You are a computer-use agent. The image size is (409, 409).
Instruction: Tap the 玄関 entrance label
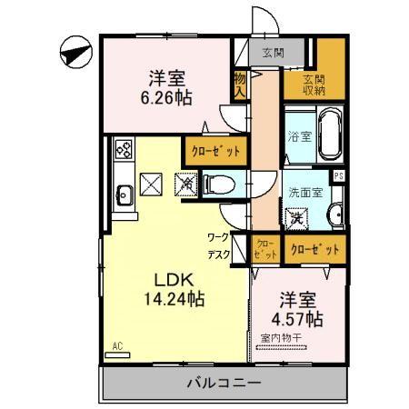(271, 51)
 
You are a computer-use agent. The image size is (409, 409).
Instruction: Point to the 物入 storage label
(240, 85)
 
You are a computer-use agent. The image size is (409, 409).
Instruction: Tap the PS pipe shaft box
(339, 175)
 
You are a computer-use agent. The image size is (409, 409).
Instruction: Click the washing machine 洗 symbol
(295, 217)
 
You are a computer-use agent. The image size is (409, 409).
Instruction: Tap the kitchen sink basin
(124, 192)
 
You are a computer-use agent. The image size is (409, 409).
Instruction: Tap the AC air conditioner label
(117, 345)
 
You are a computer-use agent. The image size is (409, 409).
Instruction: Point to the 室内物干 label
(285, 339)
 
